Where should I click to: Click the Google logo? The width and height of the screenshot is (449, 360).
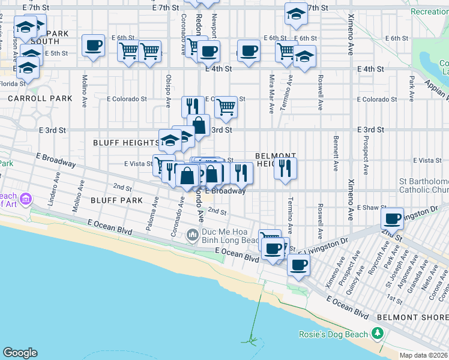20,353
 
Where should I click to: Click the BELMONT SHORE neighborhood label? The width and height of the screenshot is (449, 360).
412,316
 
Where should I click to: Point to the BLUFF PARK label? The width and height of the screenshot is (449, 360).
117,200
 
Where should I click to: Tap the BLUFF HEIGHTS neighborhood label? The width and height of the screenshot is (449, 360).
125,143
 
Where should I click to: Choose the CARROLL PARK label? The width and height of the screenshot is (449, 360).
40,98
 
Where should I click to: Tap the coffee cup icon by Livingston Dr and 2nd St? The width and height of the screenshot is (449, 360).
393,218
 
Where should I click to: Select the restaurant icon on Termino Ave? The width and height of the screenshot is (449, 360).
286,167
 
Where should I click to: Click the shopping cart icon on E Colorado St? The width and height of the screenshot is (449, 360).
226,107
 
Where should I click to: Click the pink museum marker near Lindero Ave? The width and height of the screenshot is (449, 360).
26,199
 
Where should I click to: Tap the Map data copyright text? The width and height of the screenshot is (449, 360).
424,355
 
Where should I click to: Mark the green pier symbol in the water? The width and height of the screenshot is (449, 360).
252,341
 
